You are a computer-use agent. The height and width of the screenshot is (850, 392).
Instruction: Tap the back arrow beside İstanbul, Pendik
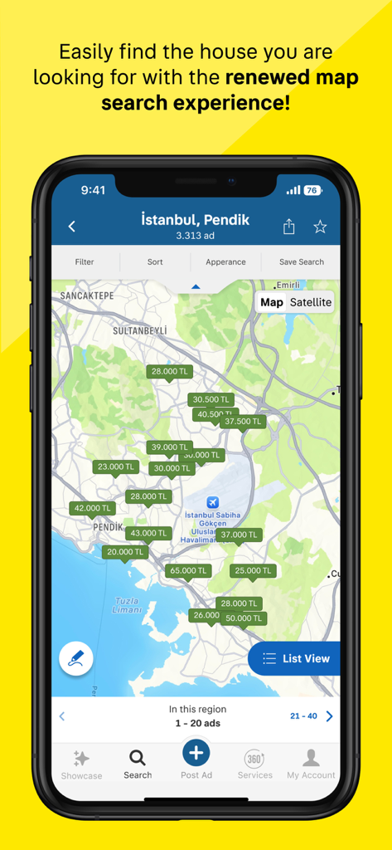72,226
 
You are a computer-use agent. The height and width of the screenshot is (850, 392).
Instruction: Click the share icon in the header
288,226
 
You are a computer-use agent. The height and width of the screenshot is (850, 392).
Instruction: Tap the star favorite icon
320,226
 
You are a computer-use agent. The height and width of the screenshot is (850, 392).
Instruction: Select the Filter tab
85,261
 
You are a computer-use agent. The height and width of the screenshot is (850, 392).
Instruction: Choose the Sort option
155,261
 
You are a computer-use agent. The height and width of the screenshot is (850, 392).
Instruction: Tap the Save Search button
301,261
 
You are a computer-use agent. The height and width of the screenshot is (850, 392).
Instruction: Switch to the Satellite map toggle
311,302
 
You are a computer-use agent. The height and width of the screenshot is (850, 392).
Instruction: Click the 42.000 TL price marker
92,508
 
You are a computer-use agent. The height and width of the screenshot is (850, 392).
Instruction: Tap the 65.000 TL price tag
188,570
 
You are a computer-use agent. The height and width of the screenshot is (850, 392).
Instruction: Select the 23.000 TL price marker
115,467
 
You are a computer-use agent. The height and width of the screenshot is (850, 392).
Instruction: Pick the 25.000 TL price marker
253,570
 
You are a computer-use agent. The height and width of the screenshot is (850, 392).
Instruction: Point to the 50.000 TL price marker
244,618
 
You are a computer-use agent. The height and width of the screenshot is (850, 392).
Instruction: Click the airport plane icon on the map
213,502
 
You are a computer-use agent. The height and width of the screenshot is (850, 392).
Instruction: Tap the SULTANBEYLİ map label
140,330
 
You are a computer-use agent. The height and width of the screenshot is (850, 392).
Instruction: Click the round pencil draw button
76,659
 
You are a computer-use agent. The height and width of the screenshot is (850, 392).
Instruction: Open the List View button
295,658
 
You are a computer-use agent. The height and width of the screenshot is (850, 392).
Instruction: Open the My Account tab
311,764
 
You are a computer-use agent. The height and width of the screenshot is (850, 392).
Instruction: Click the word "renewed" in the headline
265,78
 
